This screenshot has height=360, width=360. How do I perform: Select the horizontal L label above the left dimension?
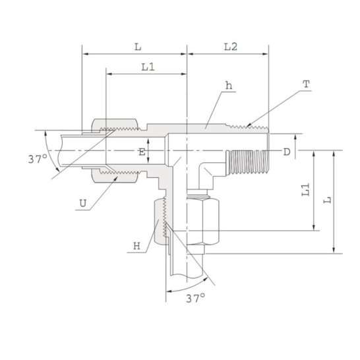(x=137, y=47)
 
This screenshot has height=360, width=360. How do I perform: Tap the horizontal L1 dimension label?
(x=148, y=67)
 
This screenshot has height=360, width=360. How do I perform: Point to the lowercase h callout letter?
(x=228, y=86)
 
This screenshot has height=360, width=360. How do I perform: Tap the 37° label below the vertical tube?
(x=195, y=299)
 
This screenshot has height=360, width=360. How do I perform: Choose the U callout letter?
(x=82, y=203)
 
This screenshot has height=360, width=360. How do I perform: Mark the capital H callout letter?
(x=136, y=246)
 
